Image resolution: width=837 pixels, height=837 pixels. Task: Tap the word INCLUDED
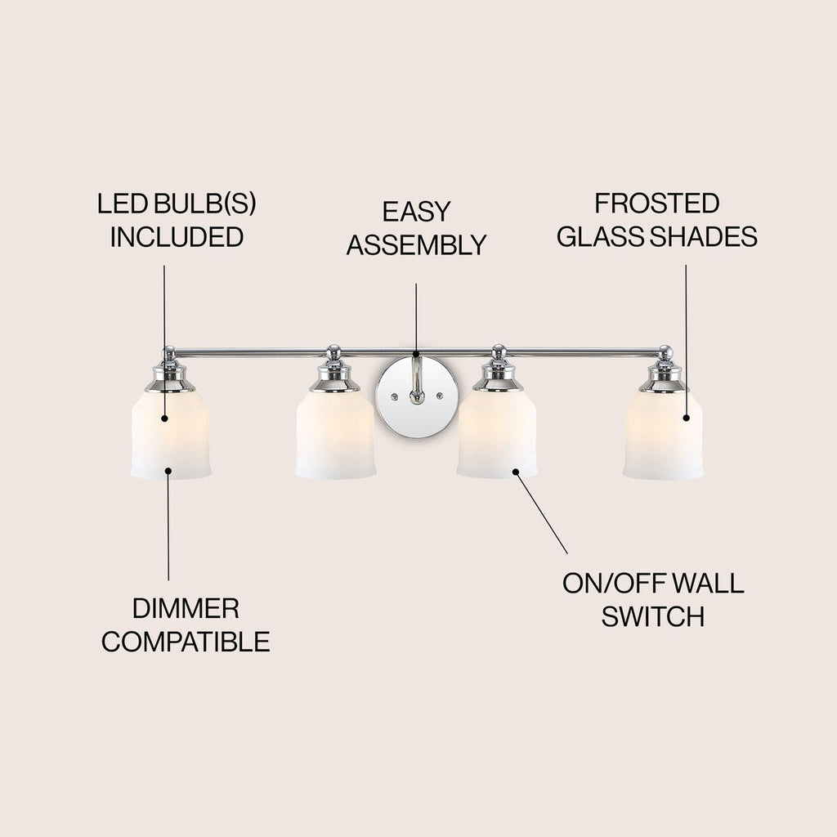[177, 237]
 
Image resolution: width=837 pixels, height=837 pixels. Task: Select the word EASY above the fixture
[416, 212]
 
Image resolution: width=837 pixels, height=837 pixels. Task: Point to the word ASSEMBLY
[416, 244]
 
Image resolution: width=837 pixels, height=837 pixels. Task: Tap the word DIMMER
[186, 608]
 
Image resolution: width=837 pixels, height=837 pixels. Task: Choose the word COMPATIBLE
[186, 642]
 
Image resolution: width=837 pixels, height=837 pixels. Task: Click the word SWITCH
[652, 616]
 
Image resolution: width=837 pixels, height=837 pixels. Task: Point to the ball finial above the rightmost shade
[665, 351]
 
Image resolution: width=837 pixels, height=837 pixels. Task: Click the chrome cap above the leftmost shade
[169, 377]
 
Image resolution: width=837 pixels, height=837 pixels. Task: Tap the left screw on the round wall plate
[394, 396]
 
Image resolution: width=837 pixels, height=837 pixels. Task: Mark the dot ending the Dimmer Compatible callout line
[168, 470]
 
